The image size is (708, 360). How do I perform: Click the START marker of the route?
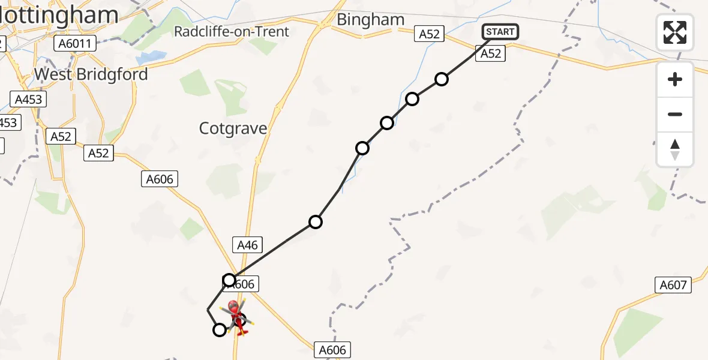(500, 32)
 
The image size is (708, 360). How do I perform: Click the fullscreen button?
(675, 32)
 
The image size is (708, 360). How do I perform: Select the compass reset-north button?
(675, 149)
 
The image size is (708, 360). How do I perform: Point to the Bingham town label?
(370, 20)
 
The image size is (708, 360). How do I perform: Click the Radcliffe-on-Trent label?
(232, 31)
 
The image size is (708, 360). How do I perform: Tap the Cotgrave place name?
(233, 128)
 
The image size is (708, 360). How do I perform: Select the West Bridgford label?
(91, 74)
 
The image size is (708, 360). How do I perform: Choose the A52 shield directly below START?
(490, 54)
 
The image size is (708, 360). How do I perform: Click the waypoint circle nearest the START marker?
(442, 79)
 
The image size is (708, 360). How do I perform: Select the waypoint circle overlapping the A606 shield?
(229, 280)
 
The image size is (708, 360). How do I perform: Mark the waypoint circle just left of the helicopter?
(220, 329)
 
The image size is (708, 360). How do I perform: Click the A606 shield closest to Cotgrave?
(160, 178)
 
